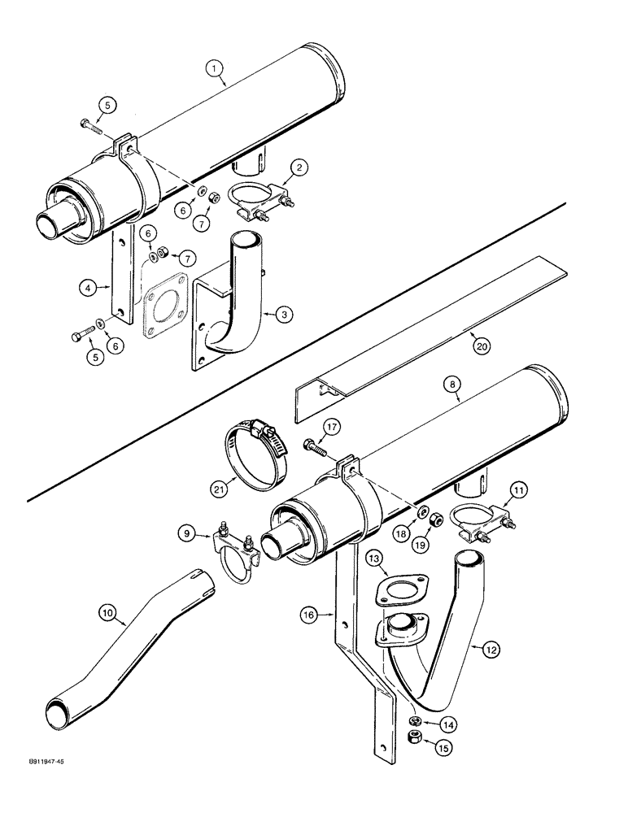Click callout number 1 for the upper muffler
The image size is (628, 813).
(x=216, y=71)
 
